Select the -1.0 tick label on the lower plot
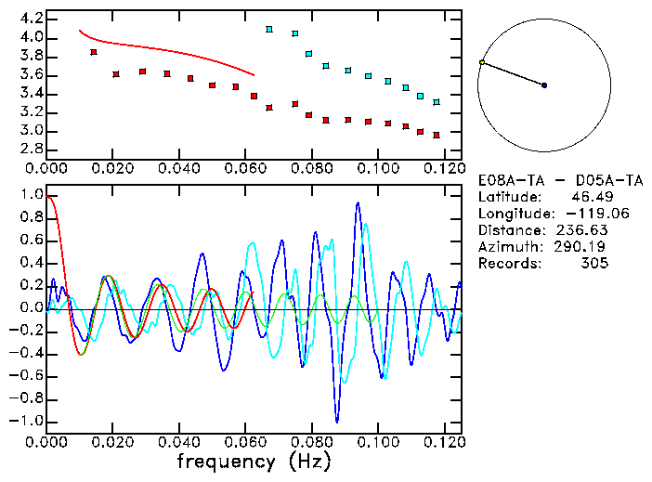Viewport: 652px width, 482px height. [28, 421]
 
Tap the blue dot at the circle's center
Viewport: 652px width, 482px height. [544, 85]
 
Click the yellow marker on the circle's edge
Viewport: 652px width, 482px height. [481, 62]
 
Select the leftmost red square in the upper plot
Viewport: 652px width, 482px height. [94, 52]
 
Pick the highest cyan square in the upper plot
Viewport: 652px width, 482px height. [269, 30]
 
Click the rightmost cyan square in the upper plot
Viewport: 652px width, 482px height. [436, 101]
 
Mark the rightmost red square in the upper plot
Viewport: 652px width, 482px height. [436, 135]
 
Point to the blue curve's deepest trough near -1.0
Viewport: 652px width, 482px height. [337, 421]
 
